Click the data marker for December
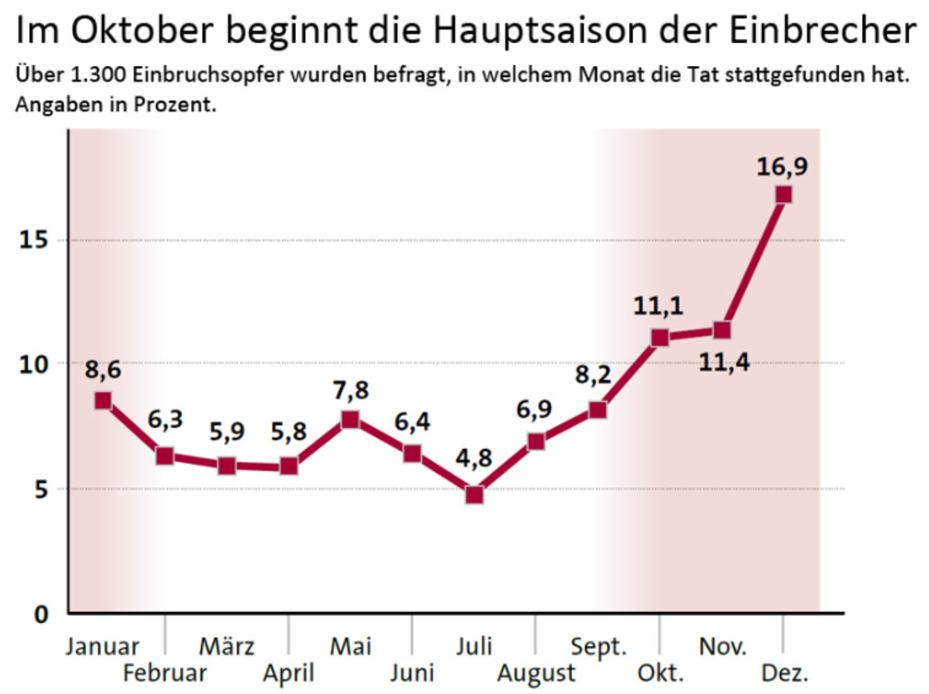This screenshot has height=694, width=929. [783, 194]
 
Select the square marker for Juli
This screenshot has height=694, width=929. [474, 494]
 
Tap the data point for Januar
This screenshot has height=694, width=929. [103, 400]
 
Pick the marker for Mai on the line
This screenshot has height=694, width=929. [351, 419]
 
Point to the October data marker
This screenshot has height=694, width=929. [660, 338]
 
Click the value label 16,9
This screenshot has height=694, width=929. [782, 167]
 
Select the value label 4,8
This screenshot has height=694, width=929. [474, 458]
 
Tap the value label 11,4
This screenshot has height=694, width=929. [723, 362]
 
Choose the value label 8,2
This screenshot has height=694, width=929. [593, 375]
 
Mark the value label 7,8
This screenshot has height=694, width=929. [351, 391]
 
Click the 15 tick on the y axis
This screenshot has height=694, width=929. [33, 240]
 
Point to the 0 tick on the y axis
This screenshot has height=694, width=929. [42, 613]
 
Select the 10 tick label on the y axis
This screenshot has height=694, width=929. [33, 364]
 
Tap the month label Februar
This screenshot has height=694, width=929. [165, 673]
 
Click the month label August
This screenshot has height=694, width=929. [536, 673]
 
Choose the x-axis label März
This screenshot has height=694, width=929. [227, 647]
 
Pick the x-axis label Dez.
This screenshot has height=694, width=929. [785, 673]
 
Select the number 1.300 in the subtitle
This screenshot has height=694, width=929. [99, 74]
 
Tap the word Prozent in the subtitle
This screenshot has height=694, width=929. [174, 104]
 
